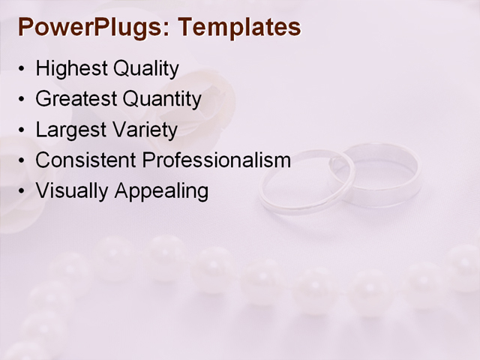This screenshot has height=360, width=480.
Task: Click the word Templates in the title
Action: pyautogui.click(x=241, y=28)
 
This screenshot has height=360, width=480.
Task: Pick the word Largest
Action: pyautogui.click(x=68, y=130)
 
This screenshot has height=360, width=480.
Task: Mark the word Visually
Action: pyautogui.click(x=72, y=191)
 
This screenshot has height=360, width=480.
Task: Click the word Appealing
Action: pyautogui.click(x=161, y=191)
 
